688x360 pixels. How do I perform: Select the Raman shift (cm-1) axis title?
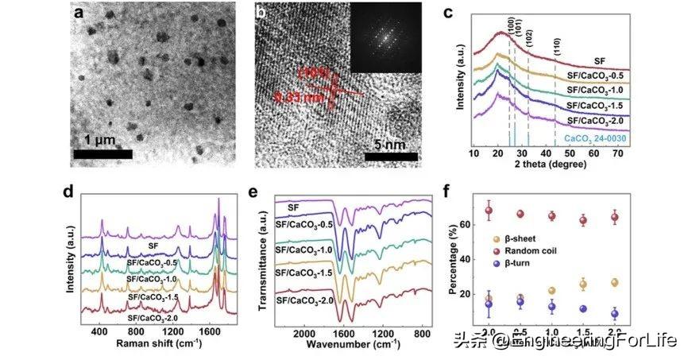click(160, 346)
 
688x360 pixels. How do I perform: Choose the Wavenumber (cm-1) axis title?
click(373, 346)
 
